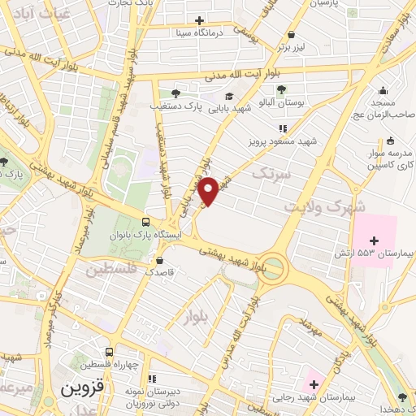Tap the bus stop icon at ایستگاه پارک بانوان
(146, 222)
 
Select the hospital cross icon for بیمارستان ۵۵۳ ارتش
(374, 240)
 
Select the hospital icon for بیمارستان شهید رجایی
(314, 383)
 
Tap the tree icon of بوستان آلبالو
(281, 89)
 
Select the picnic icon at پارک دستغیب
(175, 93)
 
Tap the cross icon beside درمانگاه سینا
(200, 20)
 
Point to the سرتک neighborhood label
(270, 172)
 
